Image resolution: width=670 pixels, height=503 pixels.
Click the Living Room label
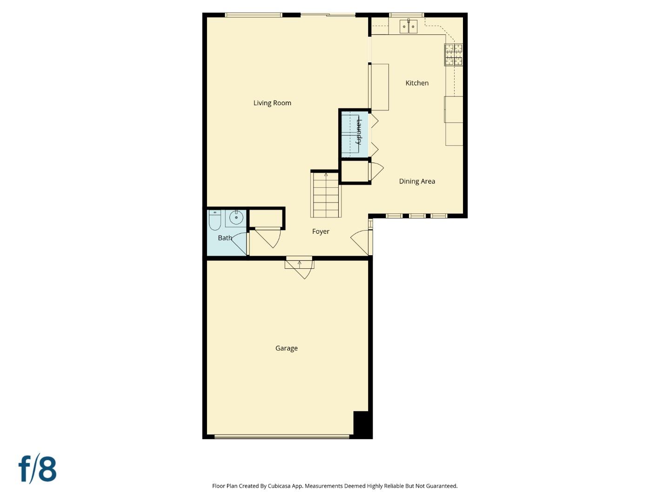(272, 103)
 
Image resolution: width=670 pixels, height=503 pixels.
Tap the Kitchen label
(417, 83)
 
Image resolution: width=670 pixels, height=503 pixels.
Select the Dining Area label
(417, 181)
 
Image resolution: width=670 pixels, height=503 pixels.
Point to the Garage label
(286, 348)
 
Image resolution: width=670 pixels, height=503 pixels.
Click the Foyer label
(321, 231)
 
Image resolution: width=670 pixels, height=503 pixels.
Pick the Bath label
(225, 238)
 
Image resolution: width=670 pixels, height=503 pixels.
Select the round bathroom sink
(236, 218)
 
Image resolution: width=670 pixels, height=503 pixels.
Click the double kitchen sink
(409, 27)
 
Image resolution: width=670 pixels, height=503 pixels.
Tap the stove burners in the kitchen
(453, 54)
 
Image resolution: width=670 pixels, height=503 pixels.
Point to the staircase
(326, 195)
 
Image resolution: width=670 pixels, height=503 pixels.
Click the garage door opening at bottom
(282, 436)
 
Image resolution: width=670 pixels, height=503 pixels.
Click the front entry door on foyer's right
(361, 242)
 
